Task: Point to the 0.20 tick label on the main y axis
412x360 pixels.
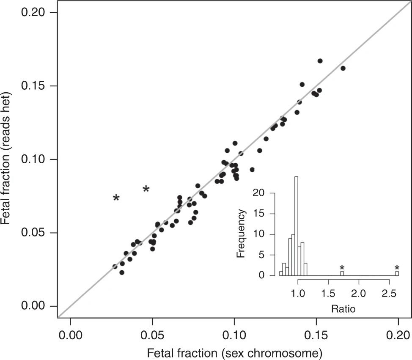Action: pos(34,13)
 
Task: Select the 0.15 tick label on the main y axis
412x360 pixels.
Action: pos(34,86)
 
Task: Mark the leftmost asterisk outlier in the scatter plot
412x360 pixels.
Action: pos(116,198)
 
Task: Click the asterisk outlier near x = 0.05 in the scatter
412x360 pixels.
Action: pos(146,189)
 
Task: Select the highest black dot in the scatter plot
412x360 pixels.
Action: pos(320,61)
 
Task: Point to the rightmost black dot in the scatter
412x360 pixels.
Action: pos(343,68)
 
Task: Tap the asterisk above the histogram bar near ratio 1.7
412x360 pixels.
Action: pos(342,268)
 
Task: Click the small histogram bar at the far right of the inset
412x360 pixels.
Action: pos(397,273)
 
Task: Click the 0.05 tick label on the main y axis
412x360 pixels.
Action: pos(34,233)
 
